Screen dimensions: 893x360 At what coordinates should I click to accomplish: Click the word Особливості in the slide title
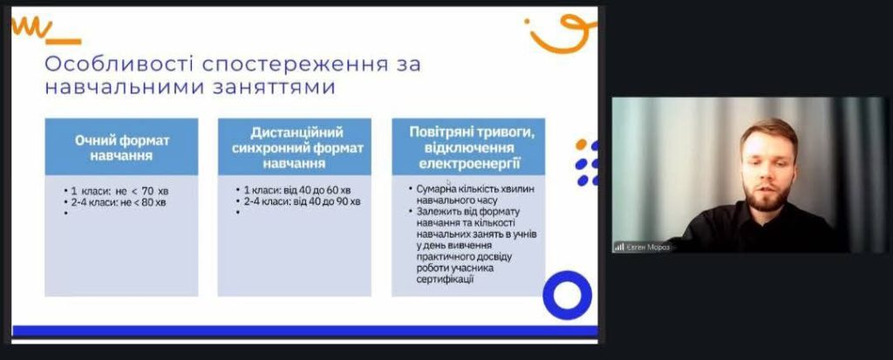[x=119, y=65]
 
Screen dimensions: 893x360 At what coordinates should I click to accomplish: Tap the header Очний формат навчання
[x=122, y=147]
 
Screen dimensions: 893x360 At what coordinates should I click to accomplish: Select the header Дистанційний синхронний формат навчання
[x=294, y=147]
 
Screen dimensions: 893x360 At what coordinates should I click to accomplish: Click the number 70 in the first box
[x=147, y=191]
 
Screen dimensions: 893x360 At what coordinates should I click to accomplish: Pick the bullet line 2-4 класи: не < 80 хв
[x=116, y=201]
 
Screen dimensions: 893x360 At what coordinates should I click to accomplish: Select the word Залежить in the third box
[x=435, y=211]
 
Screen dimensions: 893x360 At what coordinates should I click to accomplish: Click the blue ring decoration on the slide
[x=567, y=295]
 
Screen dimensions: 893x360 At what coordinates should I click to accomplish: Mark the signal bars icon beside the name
[x=619, y=248]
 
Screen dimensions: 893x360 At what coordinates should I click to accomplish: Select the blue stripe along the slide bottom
[x=304, y=331]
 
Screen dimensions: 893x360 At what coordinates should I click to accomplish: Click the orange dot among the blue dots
[x=580, y=144]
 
